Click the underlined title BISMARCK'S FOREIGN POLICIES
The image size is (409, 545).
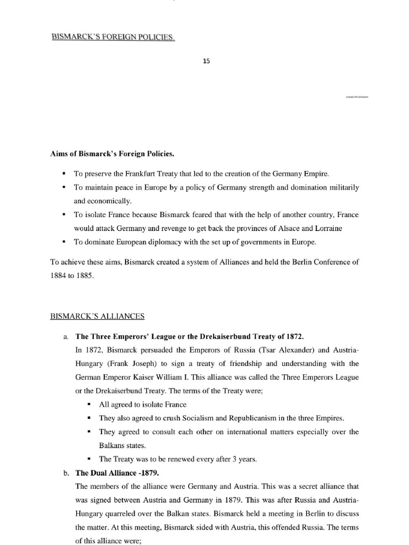pyautogui.click(x=112, y=38)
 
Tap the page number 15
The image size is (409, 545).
pyautogui.click(x=206, y=61)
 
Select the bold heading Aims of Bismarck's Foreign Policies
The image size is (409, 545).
pyautogui.click(x=112, y=154)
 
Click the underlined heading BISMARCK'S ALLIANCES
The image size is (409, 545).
pyautogui.click(x=97, y=316)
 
